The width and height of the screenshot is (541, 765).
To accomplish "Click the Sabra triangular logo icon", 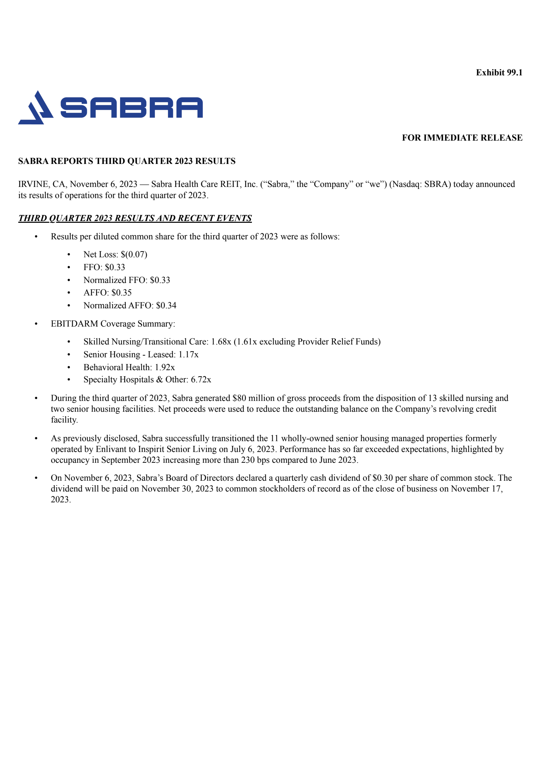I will pos(36,108).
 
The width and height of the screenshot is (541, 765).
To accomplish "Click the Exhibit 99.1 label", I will pos(499,73).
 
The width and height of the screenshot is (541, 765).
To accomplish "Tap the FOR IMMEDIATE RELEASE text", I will pos(462,138).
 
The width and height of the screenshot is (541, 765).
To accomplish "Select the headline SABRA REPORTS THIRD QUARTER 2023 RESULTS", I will pos(127,161).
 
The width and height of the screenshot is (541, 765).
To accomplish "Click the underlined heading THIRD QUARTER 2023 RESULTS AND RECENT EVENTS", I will pos(135,218).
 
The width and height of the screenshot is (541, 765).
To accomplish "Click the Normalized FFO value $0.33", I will pos(160,280).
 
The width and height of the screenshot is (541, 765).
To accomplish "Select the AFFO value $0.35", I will pos(121,292).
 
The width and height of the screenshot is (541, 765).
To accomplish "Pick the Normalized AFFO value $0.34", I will pos(166,305).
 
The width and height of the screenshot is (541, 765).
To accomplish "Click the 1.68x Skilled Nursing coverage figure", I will pos(221,341).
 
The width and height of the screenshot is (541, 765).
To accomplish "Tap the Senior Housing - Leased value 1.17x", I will pos(188,354).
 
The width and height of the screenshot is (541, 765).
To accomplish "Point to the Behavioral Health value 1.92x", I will pos(165,367).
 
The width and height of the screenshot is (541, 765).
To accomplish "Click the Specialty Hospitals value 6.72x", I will pos(201,379).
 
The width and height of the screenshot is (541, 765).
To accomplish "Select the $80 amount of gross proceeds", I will pos(239,398).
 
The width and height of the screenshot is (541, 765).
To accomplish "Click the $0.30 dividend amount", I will pos(382,478).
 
